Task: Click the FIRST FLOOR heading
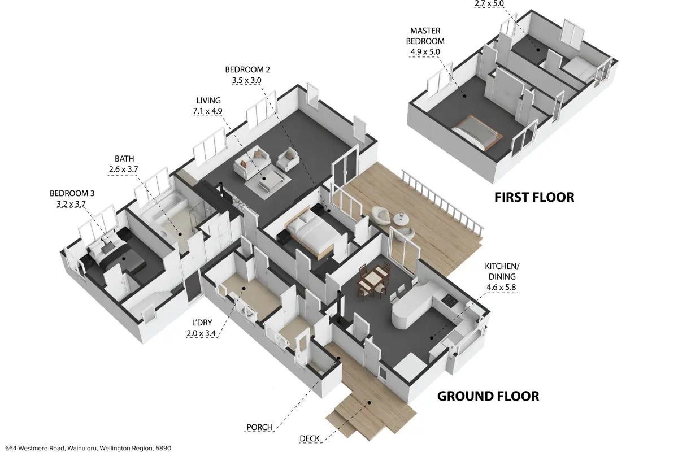(x=534, y=197)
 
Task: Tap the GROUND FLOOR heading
(x=488, y=396)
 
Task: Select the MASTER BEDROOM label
(x=425, y=36)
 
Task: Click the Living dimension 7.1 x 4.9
(x=208, y=111)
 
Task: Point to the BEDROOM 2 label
(x=247, y=69)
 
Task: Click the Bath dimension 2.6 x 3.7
(x=124, y=169)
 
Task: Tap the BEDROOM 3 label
(x=72, y=193)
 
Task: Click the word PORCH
(x=260, y=427)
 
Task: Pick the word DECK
(x=310, y=438)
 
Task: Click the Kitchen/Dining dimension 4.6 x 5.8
(x=501, y=287)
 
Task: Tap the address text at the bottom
(x=88, y=448)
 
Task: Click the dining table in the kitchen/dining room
(x=373, y=279)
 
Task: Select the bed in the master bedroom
(x=477, y=132)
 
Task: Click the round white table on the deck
(x=401, y=219)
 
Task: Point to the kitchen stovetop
(x=449, y=300)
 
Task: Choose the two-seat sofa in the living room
(x=251, y=162)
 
